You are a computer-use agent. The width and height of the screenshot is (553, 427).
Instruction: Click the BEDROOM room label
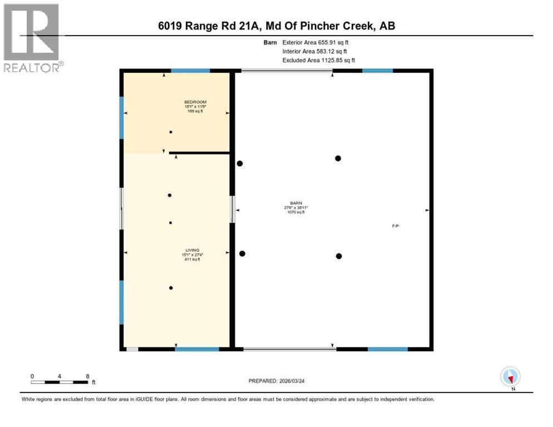[195, 102]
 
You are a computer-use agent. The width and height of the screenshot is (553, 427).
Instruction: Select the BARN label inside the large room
[295, 203]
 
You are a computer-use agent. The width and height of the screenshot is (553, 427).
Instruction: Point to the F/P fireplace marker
[395, 226]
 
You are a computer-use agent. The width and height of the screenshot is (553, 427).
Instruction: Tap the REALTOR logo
[31, 37]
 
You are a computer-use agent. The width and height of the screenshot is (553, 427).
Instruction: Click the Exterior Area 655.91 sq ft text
[315, 42]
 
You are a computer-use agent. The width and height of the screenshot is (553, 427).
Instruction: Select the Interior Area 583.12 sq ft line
[314, 51]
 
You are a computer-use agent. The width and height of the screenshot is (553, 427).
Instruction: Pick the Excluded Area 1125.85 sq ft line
[318, 60]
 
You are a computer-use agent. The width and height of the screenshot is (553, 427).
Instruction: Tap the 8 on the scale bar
[88, 376]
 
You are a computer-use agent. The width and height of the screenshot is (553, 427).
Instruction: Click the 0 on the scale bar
[32, 376]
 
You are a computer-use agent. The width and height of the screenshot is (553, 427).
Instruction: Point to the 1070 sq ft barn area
[295, 212]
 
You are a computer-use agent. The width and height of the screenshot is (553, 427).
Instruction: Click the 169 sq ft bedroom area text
[195, 111]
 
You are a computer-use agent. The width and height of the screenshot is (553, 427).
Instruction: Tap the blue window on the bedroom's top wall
[190, 71]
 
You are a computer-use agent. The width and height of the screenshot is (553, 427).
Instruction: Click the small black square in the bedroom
[171, 132]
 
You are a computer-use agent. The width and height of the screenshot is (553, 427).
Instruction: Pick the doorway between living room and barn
[233, 209]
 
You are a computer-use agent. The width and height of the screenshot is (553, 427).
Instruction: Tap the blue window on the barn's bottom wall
[387, 349]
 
